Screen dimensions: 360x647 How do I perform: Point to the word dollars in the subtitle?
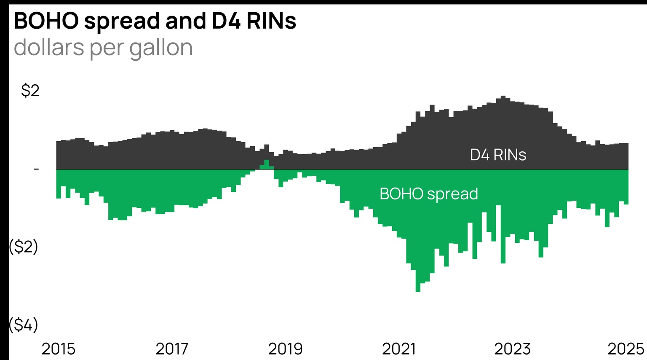pos(49,48)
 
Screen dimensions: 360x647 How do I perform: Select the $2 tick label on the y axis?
pos(30,91)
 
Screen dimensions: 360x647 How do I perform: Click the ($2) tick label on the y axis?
pos(24,247)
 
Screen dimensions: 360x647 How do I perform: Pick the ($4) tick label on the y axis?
pos(24,325)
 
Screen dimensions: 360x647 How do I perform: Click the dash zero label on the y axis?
pos(36,169)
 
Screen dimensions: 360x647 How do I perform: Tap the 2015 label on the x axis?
pos(59,349)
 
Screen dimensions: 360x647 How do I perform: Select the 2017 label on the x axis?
pos(172,349)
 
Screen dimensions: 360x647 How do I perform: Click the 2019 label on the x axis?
pos(285,349)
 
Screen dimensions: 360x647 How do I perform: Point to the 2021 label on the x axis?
pos(398,349)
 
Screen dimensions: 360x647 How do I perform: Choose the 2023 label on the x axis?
pos(512,349)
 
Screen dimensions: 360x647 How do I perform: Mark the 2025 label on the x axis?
pos(626,349)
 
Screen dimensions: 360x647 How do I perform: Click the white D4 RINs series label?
pos(498,155)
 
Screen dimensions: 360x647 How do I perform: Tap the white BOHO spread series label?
pos(428,194)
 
